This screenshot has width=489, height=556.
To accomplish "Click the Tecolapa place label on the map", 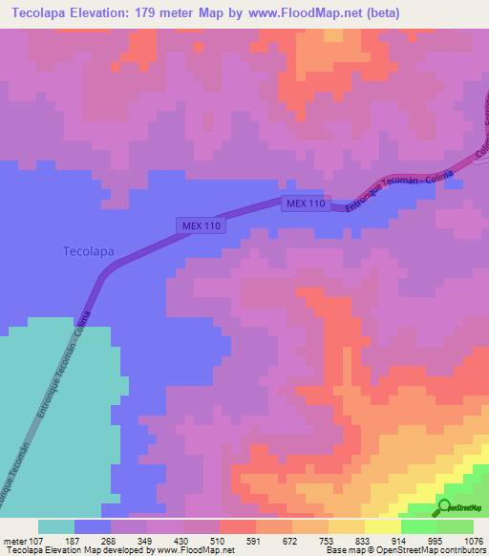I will [x=88, y=251].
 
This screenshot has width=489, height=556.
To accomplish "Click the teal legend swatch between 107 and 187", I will [x=56, y=526].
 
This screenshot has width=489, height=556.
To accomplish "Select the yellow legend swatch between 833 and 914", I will [x=382, y=526].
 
